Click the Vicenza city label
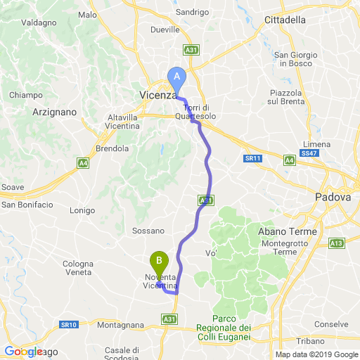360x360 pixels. click(157, 95)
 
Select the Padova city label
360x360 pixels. click(333, 198)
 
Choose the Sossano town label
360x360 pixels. click(148, 230)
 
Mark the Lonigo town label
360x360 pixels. click(82, 210)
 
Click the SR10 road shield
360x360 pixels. click(68, 325)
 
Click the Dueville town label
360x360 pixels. click(166, 30)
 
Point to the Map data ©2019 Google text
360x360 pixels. click(316, 354)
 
